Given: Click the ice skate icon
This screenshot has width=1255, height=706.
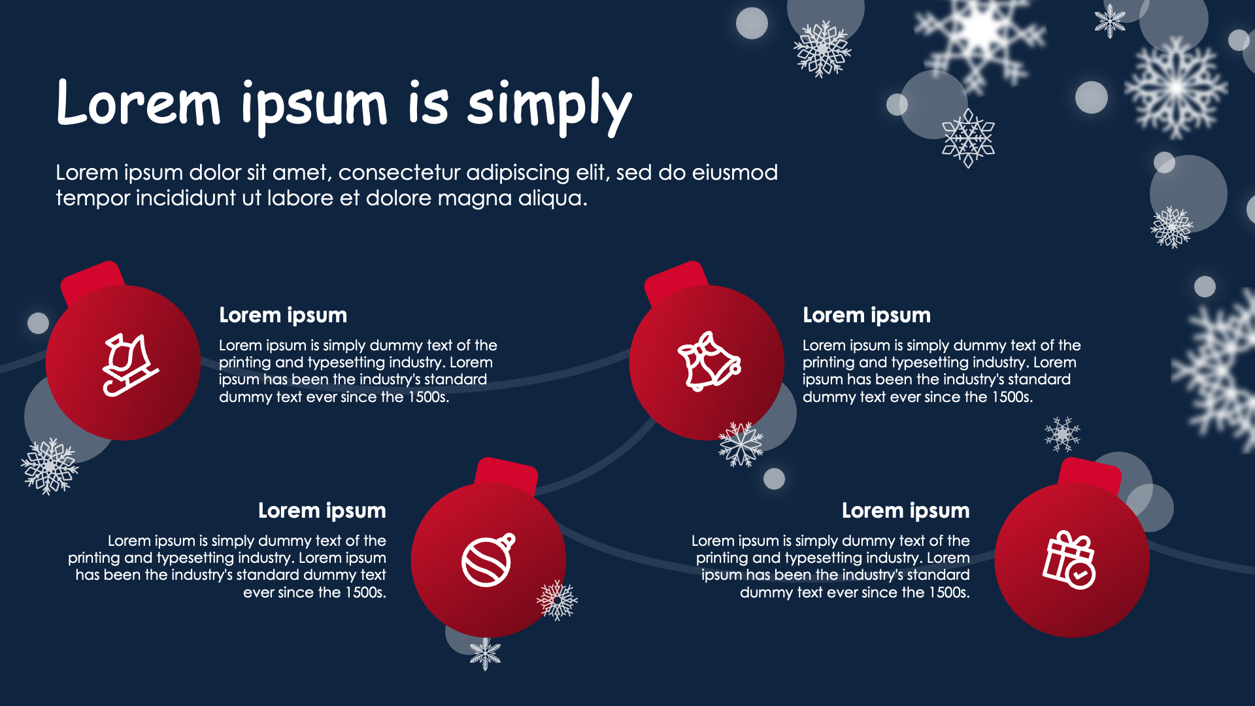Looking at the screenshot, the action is click(130, 364).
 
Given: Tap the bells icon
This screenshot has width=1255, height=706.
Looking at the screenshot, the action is click(709, 361).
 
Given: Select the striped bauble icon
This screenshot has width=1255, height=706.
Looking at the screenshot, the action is click(488, 560).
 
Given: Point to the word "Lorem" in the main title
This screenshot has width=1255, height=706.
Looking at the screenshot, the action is click(139, 103).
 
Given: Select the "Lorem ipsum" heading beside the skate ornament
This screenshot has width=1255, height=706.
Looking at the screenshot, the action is click(283, 315).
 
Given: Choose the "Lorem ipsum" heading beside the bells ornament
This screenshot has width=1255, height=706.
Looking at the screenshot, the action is click(867, 315).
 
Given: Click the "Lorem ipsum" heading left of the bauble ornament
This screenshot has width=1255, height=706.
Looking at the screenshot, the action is click(322, 511).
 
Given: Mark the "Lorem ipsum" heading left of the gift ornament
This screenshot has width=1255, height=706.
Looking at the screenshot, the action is click(906, 511).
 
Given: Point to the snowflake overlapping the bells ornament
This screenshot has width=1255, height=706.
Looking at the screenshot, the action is click(741, 444).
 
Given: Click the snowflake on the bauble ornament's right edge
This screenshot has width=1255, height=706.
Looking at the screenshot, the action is click(557, 599).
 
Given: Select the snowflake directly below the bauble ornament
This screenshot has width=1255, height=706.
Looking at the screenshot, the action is click(485, 654).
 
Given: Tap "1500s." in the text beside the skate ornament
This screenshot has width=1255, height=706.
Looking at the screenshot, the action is click(429, 397).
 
